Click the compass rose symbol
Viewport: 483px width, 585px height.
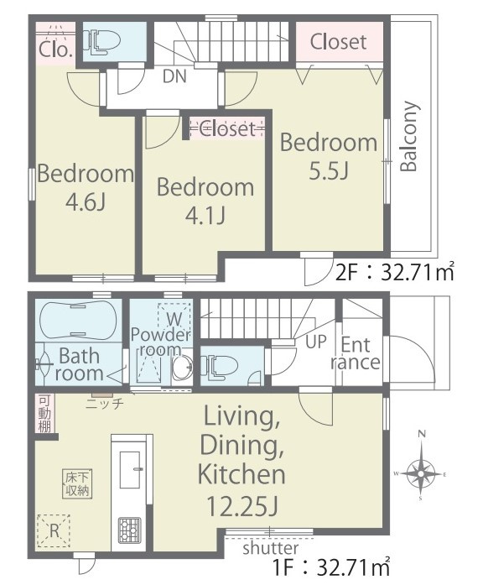pyautogui.click(x=421, y=474)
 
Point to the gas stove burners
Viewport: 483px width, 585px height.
pyautogui.click(x=129, y=530)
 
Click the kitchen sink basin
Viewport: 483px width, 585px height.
pyautogui.click(x=130, y=469)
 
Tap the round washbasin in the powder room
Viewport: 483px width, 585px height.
pyautogui.click(x=182, y=367)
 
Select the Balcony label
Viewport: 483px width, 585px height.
pyautogui.click(x=409, y=136)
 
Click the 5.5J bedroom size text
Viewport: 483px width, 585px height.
pyautogui.click(x=329, y=171)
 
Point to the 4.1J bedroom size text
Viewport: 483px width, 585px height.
pyautogui.click(x=205, y=216)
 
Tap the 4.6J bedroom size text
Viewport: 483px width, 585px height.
pyautogui.click(x=86, y=202)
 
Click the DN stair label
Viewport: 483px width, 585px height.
pyautogui.click(x=174, y=76)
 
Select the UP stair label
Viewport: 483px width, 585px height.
pyautogui.click(x=315, y=342)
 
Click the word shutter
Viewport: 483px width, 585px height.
pyautogui.click(x=271, y=548)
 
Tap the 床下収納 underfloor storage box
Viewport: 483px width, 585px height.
pyautogui.click(x=77, y=484)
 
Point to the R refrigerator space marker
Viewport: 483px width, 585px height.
pyautogui.click(x=54, y=531)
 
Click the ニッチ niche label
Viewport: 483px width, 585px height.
pyautogui.click(x=105, y=403)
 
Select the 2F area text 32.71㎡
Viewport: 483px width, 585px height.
pyautogui.click(x=417, y=272)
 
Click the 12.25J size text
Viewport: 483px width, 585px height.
pyautogui.click(x=241, y=506)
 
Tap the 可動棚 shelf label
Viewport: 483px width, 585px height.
pyautogui.click(x=44, y=414)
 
